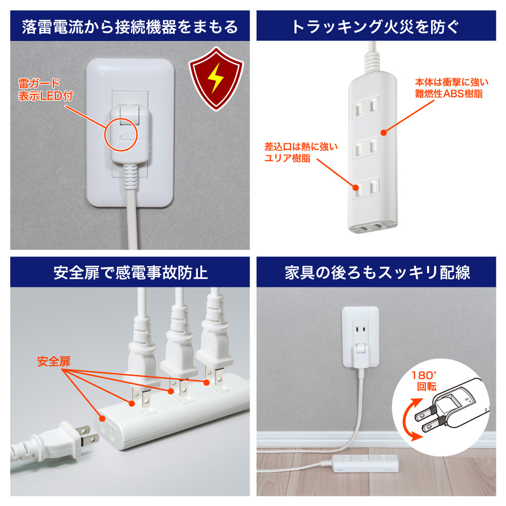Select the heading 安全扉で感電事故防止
130,273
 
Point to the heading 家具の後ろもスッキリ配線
375,273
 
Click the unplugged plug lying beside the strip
61,439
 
